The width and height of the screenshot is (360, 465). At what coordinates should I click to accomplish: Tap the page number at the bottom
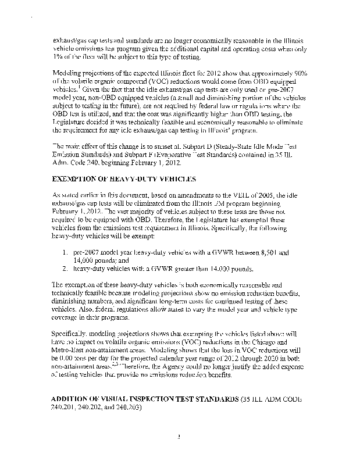pyautogui.click(x=180, y=435)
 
